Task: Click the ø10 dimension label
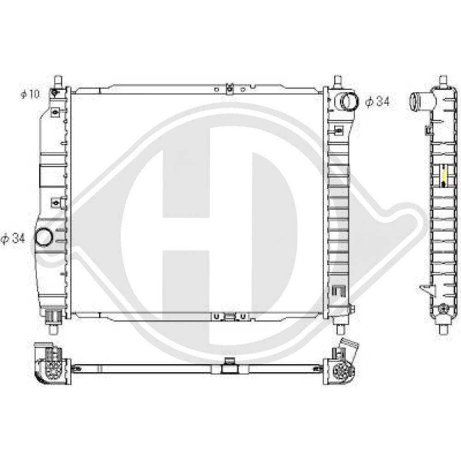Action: click(30, 94)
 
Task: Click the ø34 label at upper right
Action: click(378, 101)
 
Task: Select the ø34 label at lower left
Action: click(13, 238)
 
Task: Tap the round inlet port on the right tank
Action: click(349, 102)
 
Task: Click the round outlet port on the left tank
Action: click(44, 237)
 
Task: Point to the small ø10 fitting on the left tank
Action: click(54, 93)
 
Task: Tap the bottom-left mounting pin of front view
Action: click(53, 329)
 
